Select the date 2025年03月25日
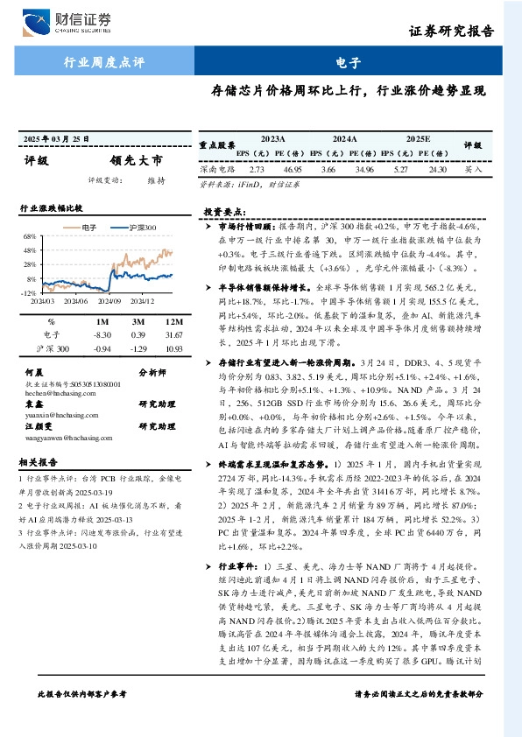59,139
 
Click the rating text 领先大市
136,161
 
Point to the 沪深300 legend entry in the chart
141,228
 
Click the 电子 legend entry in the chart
88,228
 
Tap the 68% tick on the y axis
29,236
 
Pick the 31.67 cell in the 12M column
172,334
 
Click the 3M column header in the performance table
138,321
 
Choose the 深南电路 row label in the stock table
216,170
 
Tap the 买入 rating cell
474,170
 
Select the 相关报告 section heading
39,461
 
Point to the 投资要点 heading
224,212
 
